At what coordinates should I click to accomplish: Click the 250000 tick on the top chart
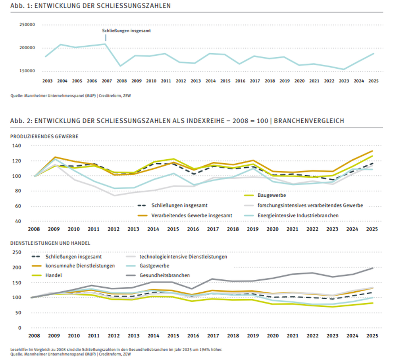pyautogui.click(x=27, y=25)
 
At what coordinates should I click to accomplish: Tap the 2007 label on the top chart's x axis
pyautogui.click(x=107, y=81)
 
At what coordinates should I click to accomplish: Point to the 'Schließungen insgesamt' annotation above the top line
pyautogui.click(x=126, y=31)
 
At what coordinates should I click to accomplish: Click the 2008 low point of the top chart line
pyautogui.click(x=121, y=66)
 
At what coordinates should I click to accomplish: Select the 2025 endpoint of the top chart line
pyautogui.click(x=374, y=53)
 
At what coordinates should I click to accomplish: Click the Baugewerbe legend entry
pyautogui.click(x=265, y=195)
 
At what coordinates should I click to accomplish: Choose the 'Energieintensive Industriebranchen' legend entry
pyautogui.click(x=291, y=215)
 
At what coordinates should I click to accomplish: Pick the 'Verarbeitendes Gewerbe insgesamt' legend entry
pyautogui.click(x=185, y=215)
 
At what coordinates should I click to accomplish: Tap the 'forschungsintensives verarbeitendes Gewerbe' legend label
pyautogui.click(x=310, y=205)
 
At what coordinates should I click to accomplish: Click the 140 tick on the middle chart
pyautogui.click(x=17, y=145)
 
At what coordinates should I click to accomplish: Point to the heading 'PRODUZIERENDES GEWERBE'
pyautogui.click(x=44, y=136)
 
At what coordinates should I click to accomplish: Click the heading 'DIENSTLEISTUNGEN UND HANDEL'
pyautogui.click(x=50, y=243)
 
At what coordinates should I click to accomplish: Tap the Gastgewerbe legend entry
pyautogui.click(x=148, y=266)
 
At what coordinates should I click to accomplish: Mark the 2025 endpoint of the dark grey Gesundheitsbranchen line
pyautogui.click(x=373, y=268)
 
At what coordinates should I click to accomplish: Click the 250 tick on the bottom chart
pyautogui.click(x=17, y=252)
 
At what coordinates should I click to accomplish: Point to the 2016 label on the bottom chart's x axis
pyautogui.click(x=193, y=336)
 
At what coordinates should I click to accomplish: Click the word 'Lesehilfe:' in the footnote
pyautogui.click(x=19, y=349)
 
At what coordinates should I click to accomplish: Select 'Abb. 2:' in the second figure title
pyautogui.click(x=21, y=121)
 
